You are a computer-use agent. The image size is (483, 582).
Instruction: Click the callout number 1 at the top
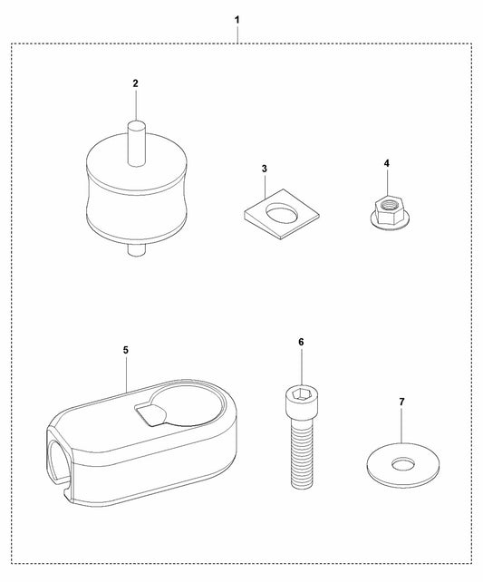point(237,20)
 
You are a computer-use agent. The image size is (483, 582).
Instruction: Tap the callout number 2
point(135,83)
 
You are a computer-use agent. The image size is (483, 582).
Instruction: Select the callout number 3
point(264,169)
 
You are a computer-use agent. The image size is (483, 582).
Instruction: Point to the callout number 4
point(387,163)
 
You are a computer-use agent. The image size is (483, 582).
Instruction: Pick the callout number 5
point(126,350)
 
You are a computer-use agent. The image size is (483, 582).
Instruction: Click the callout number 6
point(301,342)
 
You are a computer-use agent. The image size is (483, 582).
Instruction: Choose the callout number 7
point(401,402)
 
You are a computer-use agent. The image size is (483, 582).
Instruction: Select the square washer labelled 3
point(282,214)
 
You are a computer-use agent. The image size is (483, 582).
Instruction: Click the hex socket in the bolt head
point(300,393)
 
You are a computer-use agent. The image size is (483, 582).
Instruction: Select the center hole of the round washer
point(403,463)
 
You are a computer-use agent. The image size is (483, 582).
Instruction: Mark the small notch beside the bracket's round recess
point(149,414)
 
